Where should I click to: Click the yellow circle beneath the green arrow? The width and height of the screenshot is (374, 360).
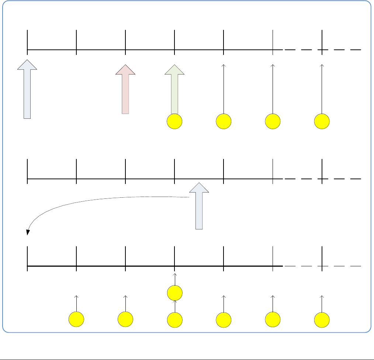(x=174, y=121)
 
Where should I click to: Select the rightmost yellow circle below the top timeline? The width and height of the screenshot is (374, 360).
(x=322, y=121)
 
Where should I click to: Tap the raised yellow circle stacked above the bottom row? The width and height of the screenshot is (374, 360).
(x=174, y=293)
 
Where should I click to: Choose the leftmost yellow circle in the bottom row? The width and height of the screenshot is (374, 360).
(x=76, y=319)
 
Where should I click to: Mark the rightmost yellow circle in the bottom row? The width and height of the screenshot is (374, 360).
(x=322, y=319)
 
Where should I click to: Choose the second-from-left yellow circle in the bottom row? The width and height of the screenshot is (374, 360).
(x=125, y=319)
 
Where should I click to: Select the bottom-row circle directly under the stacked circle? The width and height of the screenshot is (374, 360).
(x=174, y=319)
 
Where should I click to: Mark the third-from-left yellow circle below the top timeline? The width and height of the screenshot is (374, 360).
(x=273, y=121)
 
